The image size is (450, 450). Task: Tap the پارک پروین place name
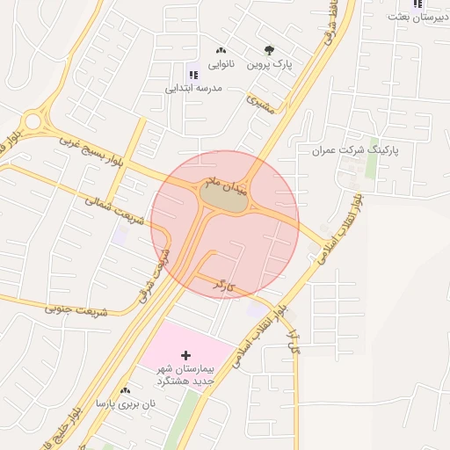point(268,64)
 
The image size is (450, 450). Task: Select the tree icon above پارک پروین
point(268,49)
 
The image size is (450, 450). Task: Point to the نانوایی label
point(221,64)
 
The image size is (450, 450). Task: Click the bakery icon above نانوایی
point(221,50)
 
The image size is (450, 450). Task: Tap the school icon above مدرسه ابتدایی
point(193,76)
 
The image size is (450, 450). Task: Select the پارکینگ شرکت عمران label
point(354,150)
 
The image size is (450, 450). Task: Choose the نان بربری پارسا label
point(125,404)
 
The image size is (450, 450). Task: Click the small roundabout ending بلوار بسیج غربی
point(33,120)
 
